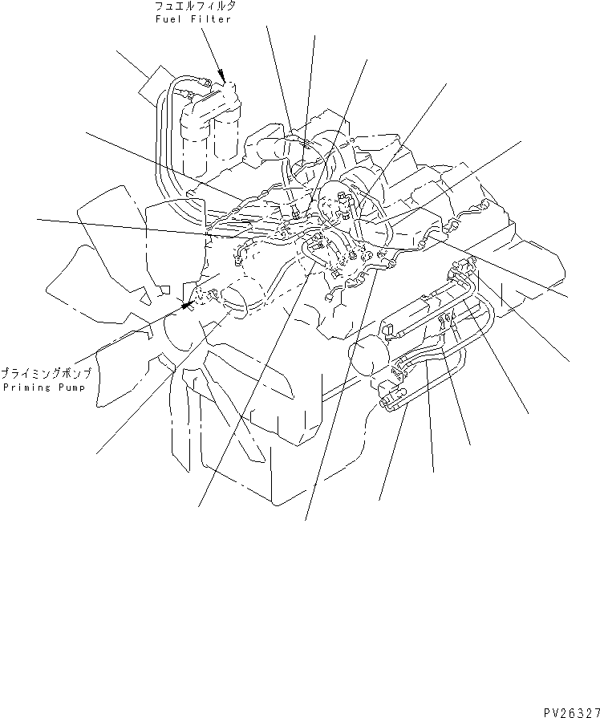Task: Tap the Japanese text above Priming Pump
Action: [45, 374]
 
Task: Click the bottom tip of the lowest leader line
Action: [306, 519]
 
